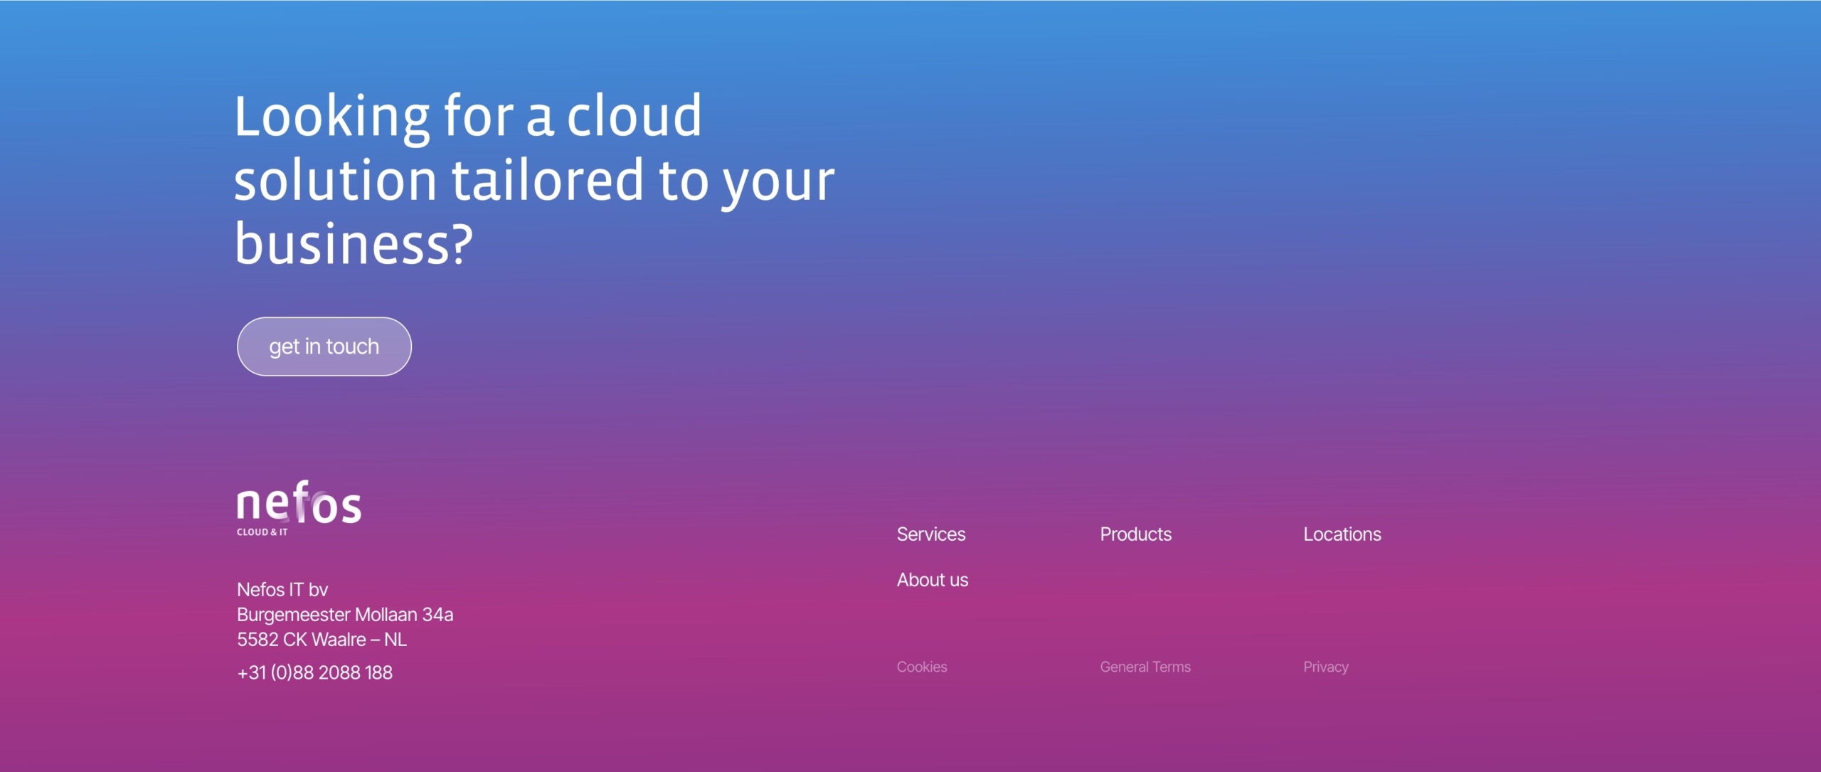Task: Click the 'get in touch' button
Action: pos(324,347)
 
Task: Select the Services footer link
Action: pos(931,534)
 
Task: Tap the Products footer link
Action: pos(1135,534)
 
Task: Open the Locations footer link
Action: pos(1342,534)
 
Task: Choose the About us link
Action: pos(933,580)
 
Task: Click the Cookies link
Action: pos(922,667)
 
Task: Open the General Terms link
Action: pos(1145,667)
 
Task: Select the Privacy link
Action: pos(1326,667)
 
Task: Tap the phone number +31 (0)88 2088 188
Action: pos(314,672)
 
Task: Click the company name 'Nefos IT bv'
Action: pos(282,589)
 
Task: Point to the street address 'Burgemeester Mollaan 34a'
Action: pos(345,614)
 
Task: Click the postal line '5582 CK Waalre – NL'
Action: pos(322,639)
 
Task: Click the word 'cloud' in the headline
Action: pos(634,115)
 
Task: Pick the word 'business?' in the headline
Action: pos(354,243)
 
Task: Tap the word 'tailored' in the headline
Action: pos(548,179)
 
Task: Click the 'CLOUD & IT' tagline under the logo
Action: pos(262,532)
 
